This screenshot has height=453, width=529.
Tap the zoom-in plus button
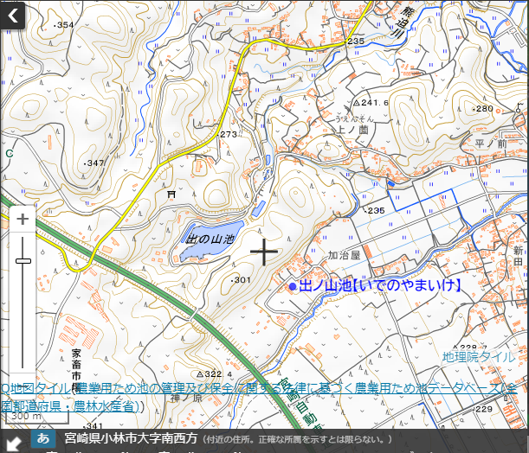(x=23, y=220)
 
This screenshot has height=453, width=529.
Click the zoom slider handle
(x=23, y=260)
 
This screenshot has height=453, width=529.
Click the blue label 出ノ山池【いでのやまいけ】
(x=380, y=284)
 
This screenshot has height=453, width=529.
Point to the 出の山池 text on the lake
(x=211, y=238)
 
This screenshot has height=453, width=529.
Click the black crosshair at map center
(x=263, y=252)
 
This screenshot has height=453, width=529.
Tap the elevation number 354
(x=64, y=25)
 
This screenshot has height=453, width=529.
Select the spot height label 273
(x=228, y=134)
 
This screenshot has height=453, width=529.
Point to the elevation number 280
(x=482, y=108)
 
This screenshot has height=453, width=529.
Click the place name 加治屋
(x=343, y=255)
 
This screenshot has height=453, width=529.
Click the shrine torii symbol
(x=171, y=196)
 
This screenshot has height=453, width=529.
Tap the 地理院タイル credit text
(x=478, y=356)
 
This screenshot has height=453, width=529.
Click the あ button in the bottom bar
(x=43, y=439)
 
